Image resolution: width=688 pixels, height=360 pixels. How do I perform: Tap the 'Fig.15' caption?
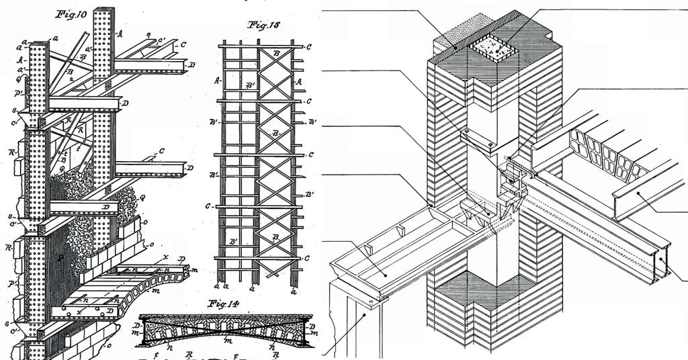pyautogui.click(x=263, y=27)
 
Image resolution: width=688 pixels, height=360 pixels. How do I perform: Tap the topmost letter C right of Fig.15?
pyautogui.click(x=308, y=48)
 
